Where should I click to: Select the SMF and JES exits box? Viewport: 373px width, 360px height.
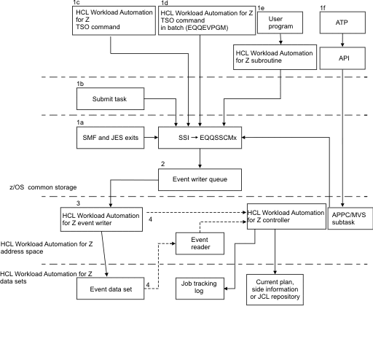tap(111, 136)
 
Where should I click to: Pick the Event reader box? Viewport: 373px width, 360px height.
tap(200, 243)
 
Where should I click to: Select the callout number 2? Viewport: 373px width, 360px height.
tap(162, 163)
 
